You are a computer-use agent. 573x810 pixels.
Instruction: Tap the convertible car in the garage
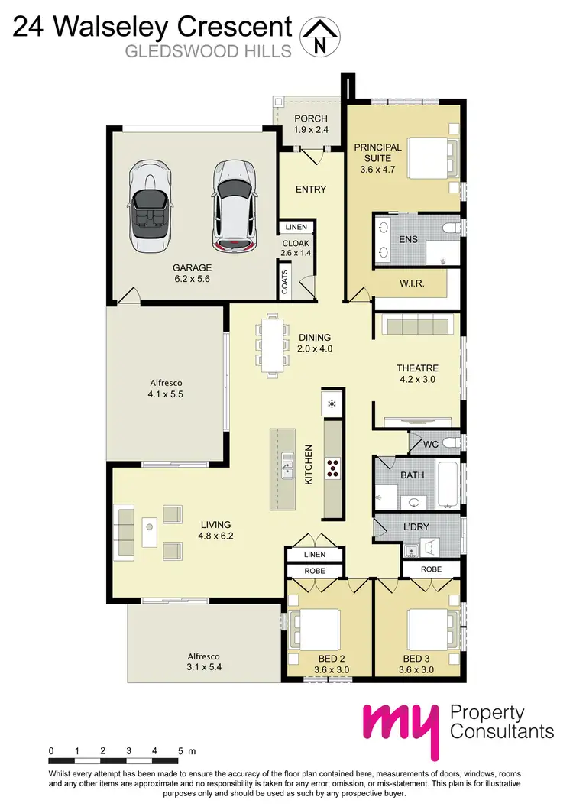150,206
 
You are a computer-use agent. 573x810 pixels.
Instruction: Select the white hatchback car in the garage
232,205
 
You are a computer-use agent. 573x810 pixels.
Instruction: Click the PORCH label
311,118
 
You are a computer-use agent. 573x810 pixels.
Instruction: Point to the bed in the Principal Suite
427,158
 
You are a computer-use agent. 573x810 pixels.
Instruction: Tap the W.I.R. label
412,283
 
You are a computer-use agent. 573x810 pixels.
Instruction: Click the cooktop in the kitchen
334,467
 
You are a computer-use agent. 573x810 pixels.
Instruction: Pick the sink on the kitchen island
287,467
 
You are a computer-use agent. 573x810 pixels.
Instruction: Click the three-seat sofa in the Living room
125,526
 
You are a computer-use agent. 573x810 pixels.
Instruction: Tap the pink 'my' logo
402,726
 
